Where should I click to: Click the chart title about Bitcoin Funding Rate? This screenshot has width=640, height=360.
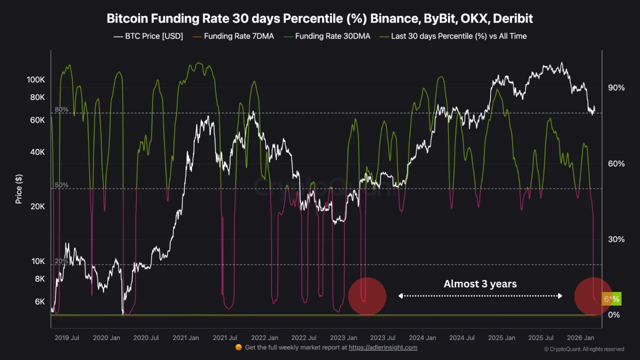(x=320, y=18)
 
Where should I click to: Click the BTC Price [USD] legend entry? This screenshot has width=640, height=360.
(x=148, y=36)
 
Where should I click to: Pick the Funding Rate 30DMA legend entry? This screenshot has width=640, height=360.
(x=327, y=36)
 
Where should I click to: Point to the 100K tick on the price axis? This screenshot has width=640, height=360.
(x=36, y=80)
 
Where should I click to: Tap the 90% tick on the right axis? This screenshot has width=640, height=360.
(x=616, y=88)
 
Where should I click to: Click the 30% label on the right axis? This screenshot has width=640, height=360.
(x=616, y=239)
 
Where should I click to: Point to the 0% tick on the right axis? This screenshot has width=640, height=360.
(x=614, y=314)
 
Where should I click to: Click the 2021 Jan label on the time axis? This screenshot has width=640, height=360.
(x=185, y=338)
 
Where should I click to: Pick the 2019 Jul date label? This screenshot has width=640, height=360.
(x=67, y=338)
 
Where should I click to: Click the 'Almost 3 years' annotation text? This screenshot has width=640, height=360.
(x=480, y=284)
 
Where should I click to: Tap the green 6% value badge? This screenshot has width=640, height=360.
(x=611, y=299)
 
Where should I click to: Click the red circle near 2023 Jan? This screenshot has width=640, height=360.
(x=367, y=296)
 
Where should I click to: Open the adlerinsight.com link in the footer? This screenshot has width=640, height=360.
(x=382, y=347)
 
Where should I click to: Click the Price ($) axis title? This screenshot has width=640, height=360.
(x=19, y=189)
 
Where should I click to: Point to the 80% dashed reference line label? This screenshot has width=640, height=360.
(x=61, y=109)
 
